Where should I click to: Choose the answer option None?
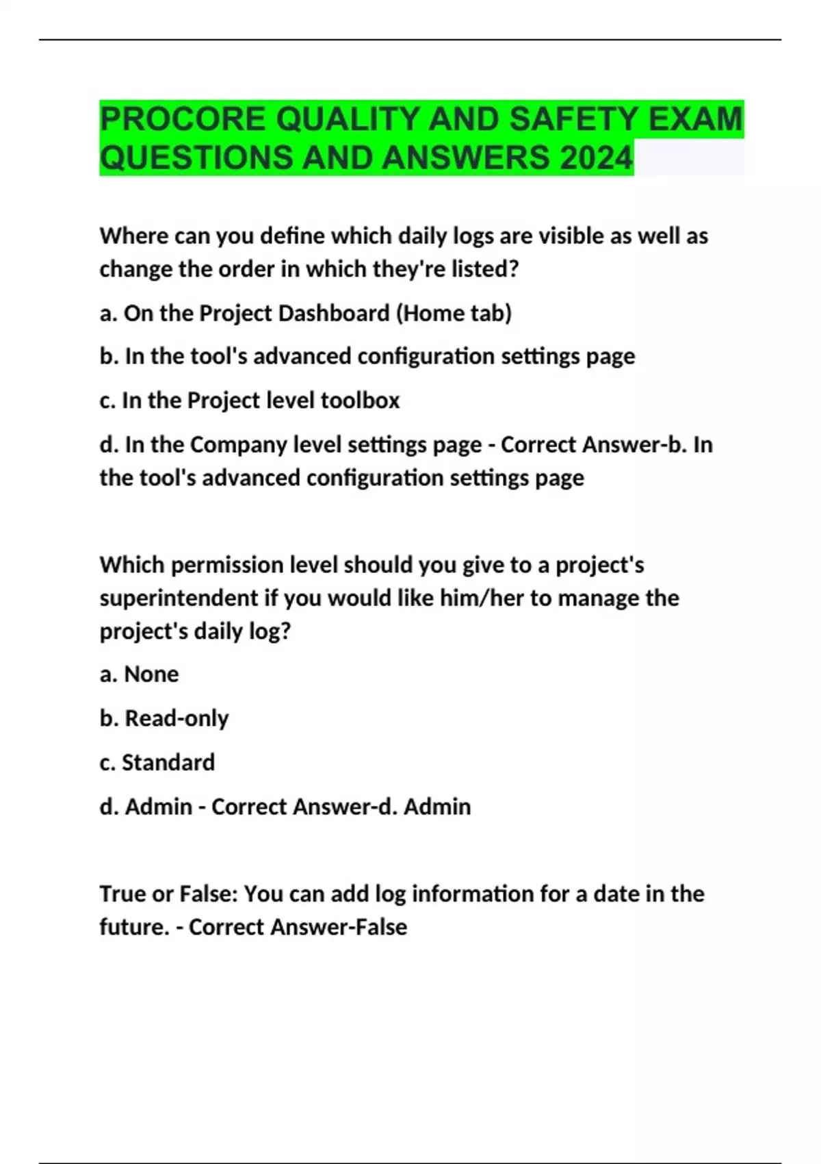coord(151,674)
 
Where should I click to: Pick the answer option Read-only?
coord(177,718)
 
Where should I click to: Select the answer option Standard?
coord(168,762)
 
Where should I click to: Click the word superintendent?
coord(179,598)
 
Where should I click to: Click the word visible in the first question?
coord(571,236)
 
